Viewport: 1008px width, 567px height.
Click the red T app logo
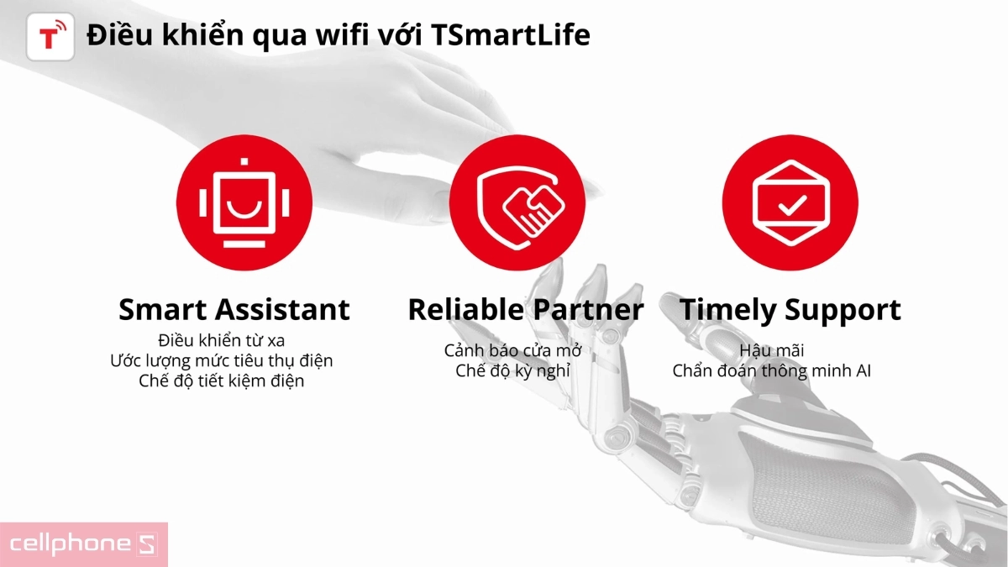coord(50,36)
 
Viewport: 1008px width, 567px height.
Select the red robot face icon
coord(244,200)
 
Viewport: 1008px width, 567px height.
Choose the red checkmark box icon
coord(790,200)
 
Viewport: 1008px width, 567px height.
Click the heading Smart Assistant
coord(234,309)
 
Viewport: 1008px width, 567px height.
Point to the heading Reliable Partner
coord(525,309)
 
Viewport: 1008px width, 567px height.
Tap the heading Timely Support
coord(790,309)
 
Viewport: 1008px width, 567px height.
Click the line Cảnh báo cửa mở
coord(512,350)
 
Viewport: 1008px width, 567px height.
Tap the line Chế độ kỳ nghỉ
coord(512,370)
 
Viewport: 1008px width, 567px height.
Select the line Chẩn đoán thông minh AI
coord(771,370)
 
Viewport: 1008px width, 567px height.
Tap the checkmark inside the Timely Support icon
coord(790,205)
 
